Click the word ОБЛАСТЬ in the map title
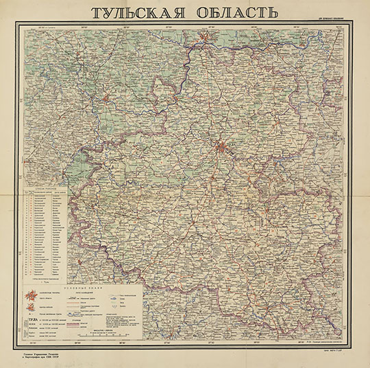click(x=234, y=13)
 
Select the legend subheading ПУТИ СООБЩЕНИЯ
click(x=77, y=291)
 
